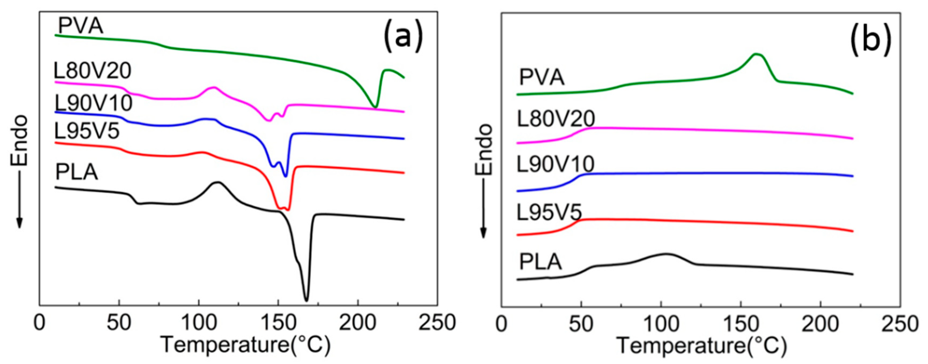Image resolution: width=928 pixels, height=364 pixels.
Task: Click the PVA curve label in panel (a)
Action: (x=81, y=26)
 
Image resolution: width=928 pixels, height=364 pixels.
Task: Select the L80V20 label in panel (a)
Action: (x=92, y=71)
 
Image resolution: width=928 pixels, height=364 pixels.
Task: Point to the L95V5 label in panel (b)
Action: (x=549, y=212)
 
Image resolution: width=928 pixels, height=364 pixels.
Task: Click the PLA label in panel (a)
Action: (x=76, y=173)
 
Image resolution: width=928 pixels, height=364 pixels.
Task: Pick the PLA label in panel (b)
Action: (x=540, y=262)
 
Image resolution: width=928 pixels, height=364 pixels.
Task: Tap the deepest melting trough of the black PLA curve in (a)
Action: (x=306, y=300)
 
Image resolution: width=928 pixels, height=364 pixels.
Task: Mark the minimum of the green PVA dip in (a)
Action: (x=375, y=107)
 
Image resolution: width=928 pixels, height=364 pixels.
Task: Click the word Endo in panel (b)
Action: (x=483, y=150)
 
